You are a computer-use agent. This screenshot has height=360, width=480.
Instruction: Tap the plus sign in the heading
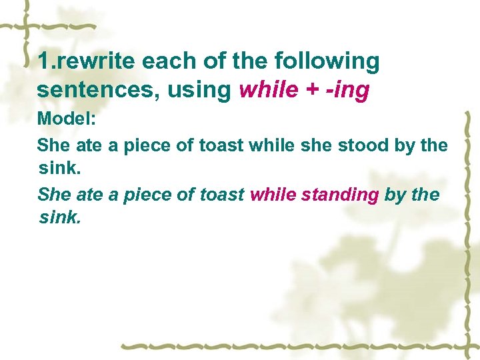click(310, 91)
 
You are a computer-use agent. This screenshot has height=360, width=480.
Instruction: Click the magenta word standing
click(340, 195)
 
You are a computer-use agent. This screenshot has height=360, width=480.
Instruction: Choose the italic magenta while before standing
click(273, 195)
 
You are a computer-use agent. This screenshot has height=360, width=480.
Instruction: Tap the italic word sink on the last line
click(60, 217)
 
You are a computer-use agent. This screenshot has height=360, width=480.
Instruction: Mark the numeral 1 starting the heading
click(43, 62)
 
